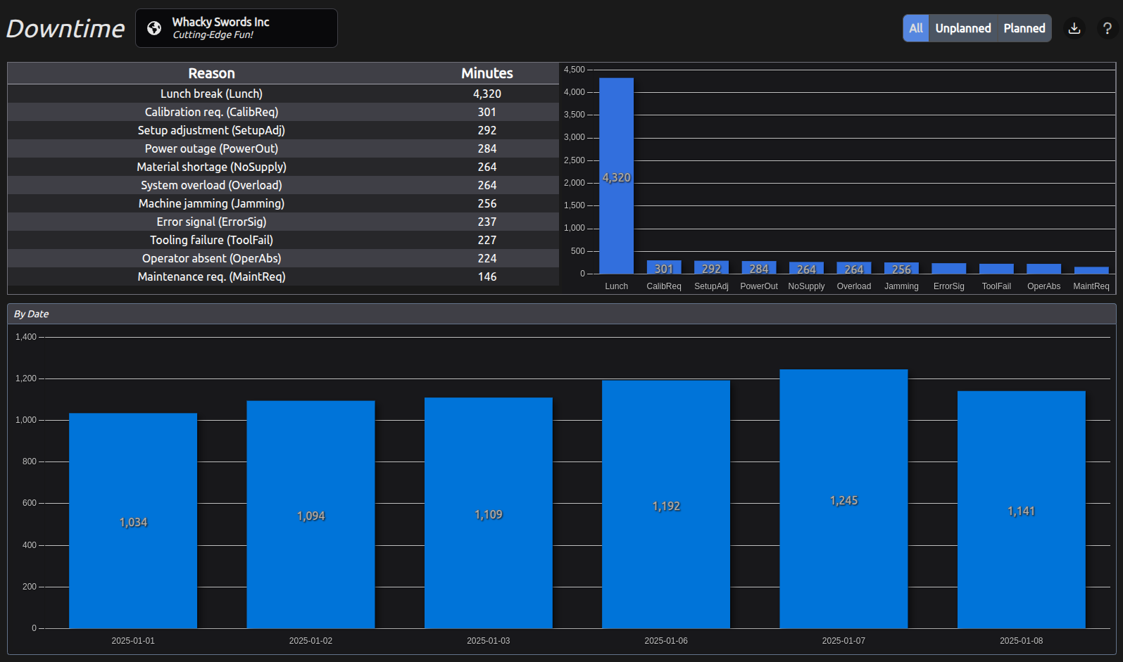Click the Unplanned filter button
pyautogui.click(x=962, y=28)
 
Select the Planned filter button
pyautogui.click(x=1024, y=28)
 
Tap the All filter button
pyautogui.click(x=915, y=28)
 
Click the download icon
pyautogui.click(x=1074, y=28)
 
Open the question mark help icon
pyautogui.click(x=1107, y=28)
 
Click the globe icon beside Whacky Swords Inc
pyautogui.click(x=154, y=28)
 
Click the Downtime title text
pyautogui.click(x=65, y=29)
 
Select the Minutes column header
pyautogui.click(x=487, y=73)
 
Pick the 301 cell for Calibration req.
pyautogui.click(x=487, y=112)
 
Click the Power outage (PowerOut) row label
pyautogui.click(x=211, y=148)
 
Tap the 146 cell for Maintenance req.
pyautogui.click(x=487, y=276)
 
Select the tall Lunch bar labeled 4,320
pyautogui.click(x=616, y=176)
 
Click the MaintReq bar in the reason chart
pyautogui.click(x=1091, y=270)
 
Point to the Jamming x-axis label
pyautogui.click(x=901, y=286)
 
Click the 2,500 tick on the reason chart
pyautogui.click(x=574, y=160)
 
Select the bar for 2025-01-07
pyautogui.click(x=843, y=499)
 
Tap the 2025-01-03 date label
pyautogui.click(x=488, y=641)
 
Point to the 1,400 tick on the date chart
pyautogui.click(x=26, y=337)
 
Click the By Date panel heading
pyautogui.click(x=32, y=314)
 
